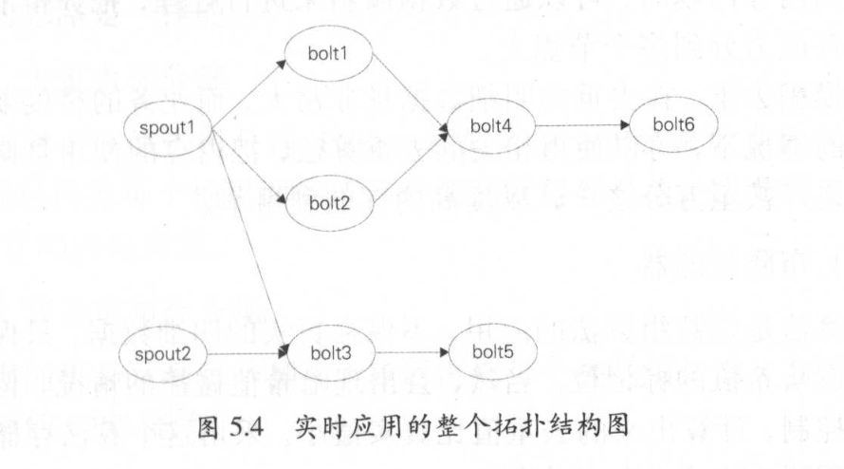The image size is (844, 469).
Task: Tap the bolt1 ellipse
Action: tap(328, 53)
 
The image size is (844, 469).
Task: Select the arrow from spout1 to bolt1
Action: tap(248, 94)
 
